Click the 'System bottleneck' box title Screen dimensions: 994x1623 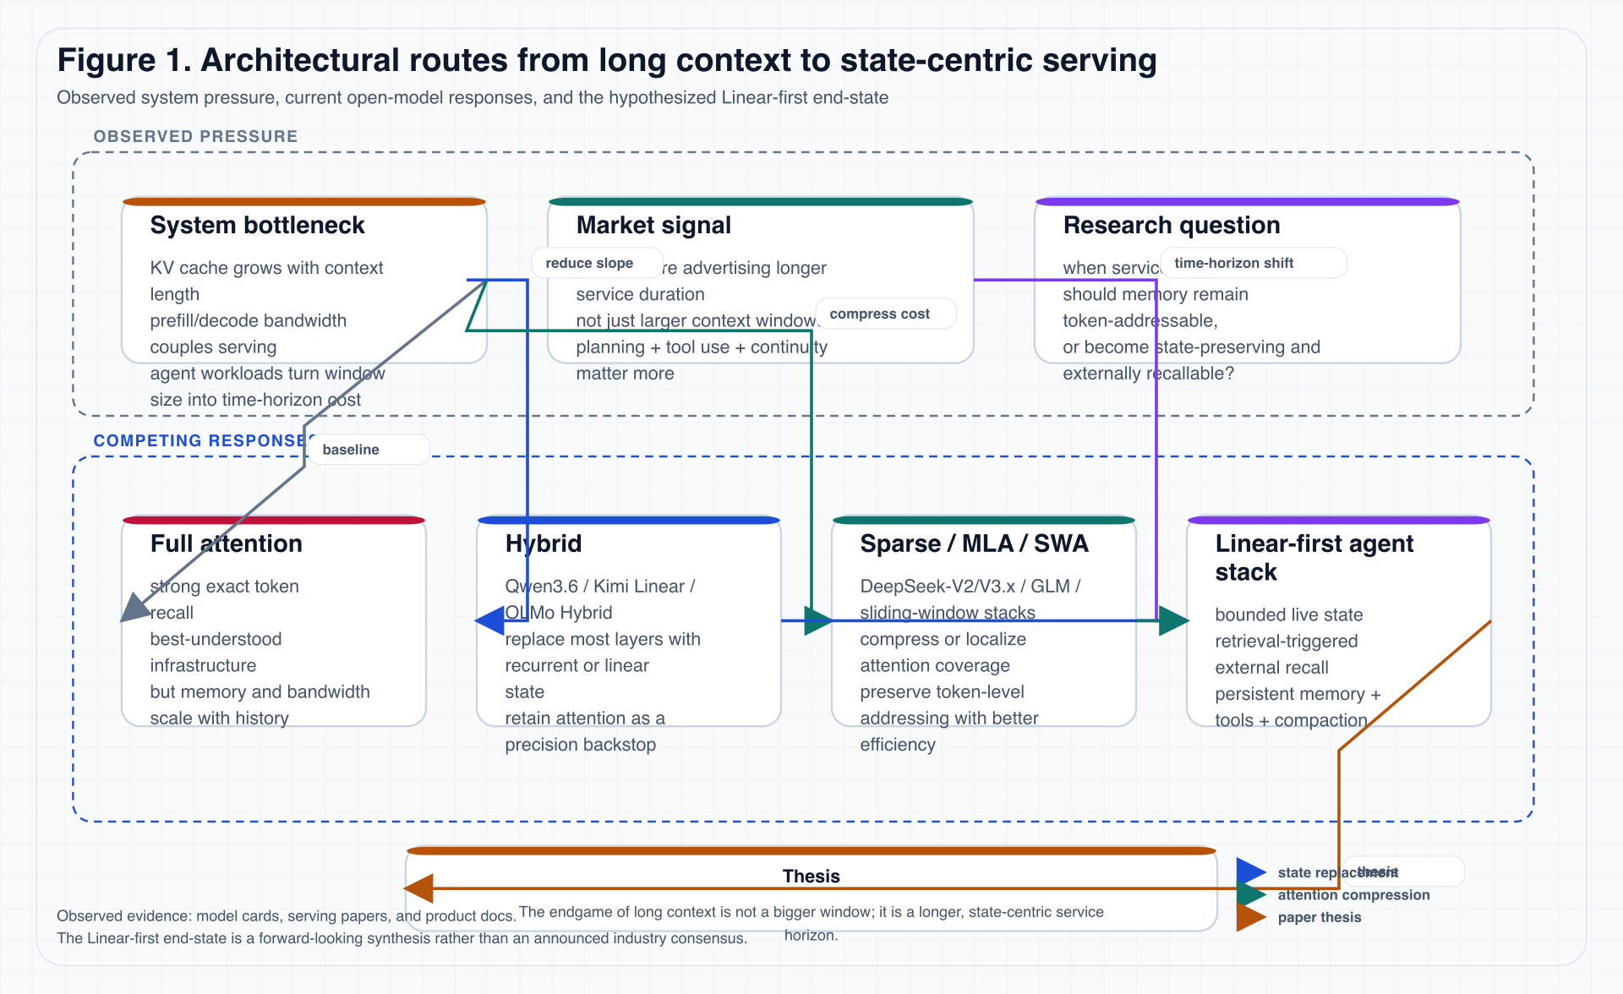coord(257,226)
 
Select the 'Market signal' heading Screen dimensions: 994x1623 coord(653,226)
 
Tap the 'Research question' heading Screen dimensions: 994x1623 coord(1171,226)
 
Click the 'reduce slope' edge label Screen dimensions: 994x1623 coord(589,263)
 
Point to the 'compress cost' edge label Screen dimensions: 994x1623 coord(879,314)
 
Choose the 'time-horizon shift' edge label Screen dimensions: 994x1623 coord(1233,263)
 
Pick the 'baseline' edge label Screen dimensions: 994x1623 coord(351,450)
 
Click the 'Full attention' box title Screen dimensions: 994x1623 coord(226,543)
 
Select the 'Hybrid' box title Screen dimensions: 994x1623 coord(543,543)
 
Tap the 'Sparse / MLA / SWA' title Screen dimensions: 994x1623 coord(974,543)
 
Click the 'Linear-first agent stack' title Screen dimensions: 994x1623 coord(1314,558)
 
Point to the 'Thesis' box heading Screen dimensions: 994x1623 coord(811,876)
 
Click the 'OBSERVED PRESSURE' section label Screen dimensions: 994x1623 coord(195,136)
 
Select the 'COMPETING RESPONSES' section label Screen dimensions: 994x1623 coord(199,440)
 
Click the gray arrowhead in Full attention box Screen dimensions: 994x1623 coord(134,609)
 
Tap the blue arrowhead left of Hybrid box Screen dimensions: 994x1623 coord(490,621)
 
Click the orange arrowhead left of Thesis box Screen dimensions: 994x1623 coord(419,888)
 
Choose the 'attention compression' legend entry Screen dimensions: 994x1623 coord(1353,895)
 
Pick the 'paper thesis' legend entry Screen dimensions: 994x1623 coord(1319,917)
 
